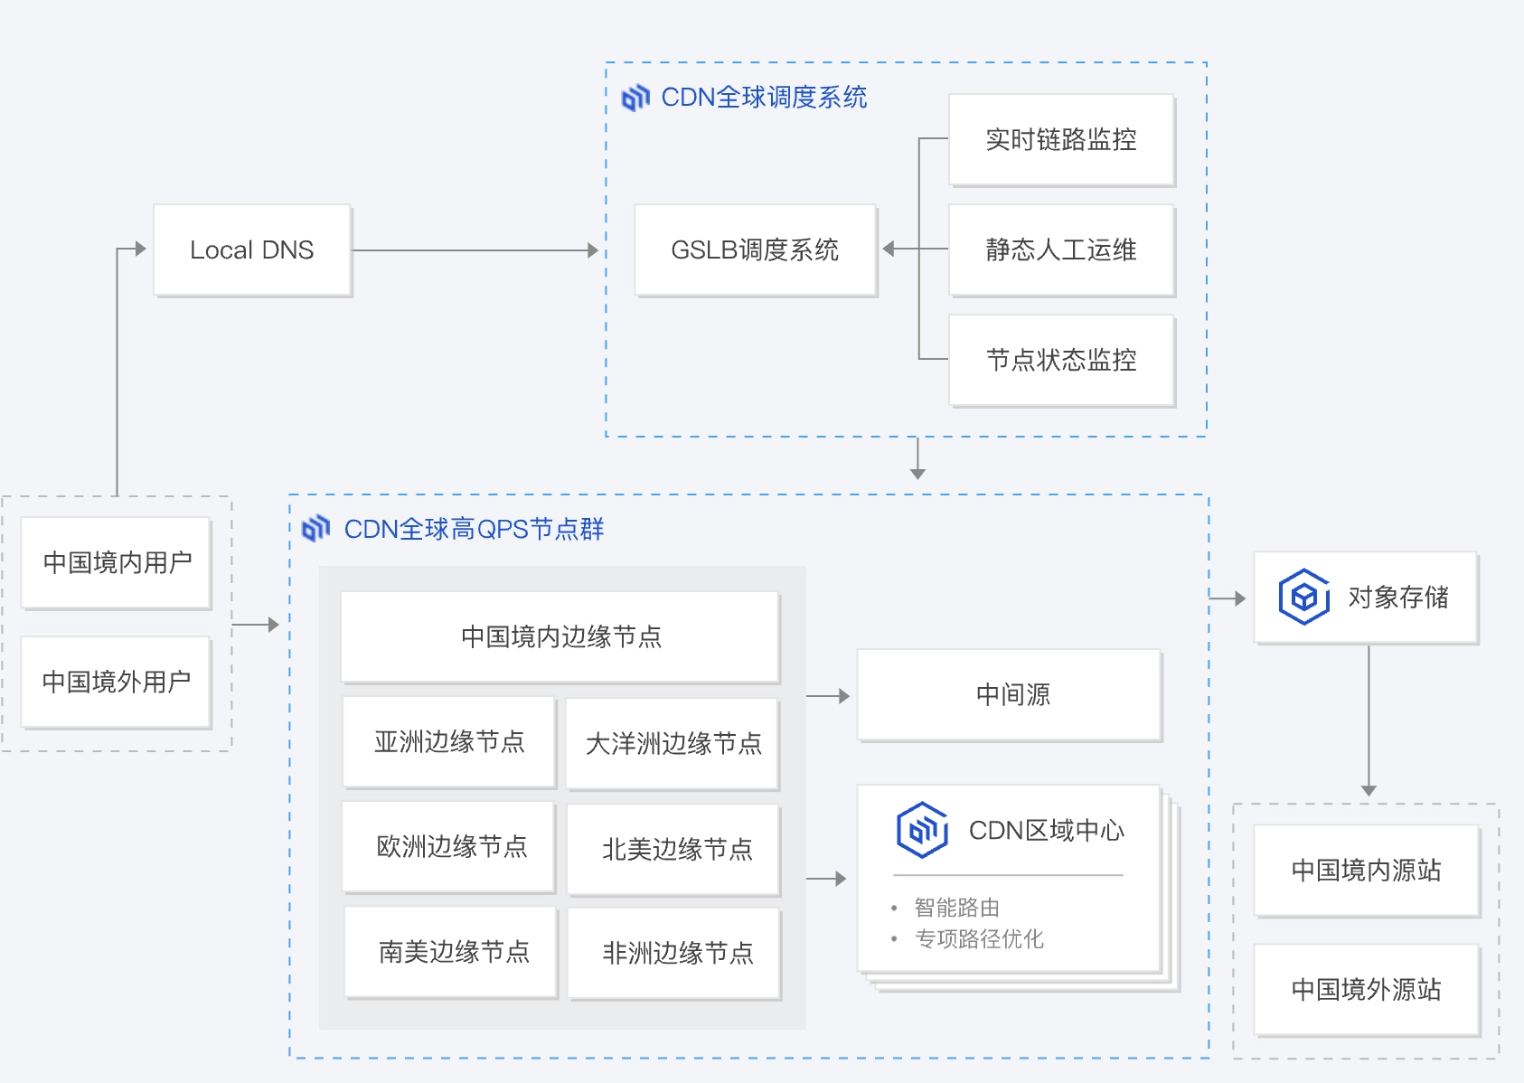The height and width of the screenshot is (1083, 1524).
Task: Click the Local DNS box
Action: click(x=252, y=250)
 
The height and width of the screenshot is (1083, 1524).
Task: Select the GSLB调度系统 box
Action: click(x=755, y=250)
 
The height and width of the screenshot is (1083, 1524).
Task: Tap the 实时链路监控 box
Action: click(x=1061, y=139)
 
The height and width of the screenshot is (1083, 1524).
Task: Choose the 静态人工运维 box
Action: click(x=1061, y=250)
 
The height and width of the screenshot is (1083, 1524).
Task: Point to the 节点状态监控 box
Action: click(x=1061, y=360)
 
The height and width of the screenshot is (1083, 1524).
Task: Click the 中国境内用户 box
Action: click(x=117, y=562)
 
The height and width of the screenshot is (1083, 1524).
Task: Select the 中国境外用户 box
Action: click(x=117, y=682)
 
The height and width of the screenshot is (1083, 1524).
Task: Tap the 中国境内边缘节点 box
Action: click(x=560, y=636)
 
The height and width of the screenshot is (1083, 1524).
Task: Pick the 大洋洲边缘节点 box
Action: click(x=673, y=743)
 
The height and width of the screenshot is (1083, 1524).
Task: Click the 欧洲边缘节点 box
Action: click(x=449, y=846)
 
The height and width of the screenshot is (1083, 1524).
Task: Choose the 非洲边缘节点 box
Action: click(x=674, y=953)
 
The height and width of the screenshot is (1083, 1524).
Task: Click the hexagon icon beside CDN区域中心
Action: click(x=922, y=829)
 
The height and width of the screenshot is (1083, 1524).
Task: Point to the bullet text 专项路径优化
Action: click(x=979, y=938)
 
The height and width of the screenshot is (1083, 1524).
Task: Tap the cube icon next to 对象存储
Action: click(x=1303, y=597)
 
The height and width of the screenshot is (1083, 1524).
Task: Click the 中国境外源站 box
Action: click(x=1366, y=989)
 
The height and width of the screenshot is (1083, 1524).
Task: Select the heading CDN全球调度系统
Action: click(x=763, y=97)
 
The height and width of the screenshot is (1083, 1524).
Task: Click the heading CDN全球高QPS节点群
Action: click(x=474, y=529)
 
